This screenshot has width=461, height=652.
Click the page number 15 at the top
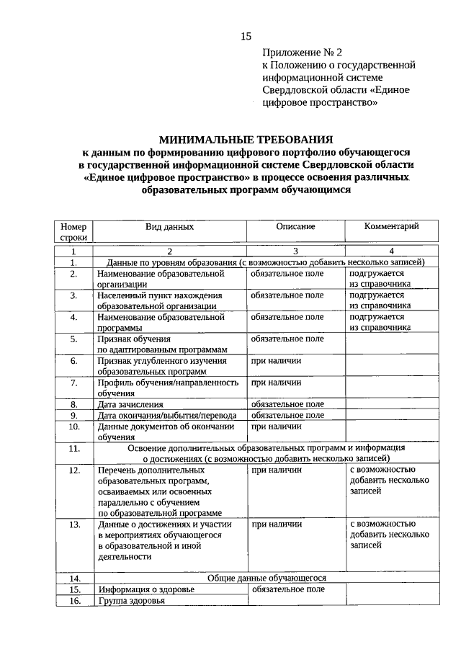(246, 37)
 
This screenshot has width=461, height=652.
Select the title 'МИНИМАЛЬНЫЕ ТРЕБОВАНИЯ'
(246, 140)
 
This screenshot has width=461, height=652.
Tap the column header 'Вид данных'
(169, 226)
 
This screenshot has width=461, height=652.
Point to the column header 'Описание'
(295, 226)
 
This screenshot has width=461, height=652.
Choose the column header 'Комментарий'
(391, 226)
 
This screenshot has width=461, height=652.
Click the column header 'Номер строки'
(73, 231)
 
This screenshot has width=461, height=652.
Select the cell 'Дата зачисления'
(131, 405)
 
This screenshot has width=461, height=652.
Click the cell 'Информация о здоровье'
(146, 589)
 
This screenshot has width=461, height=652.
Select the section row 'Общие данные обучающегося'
(267, 578)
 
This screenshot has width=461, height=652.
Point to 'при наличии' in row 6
(276, 361)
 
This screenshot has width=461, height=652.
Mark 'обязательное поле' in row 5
(287, 339)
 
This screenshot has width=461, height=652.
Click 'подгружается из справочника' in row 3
(380, 300)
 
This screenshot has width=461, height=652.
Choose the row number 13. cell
(73, 525)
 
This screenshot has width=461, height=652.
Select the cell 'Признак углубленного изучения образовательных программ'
(162, 366)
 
